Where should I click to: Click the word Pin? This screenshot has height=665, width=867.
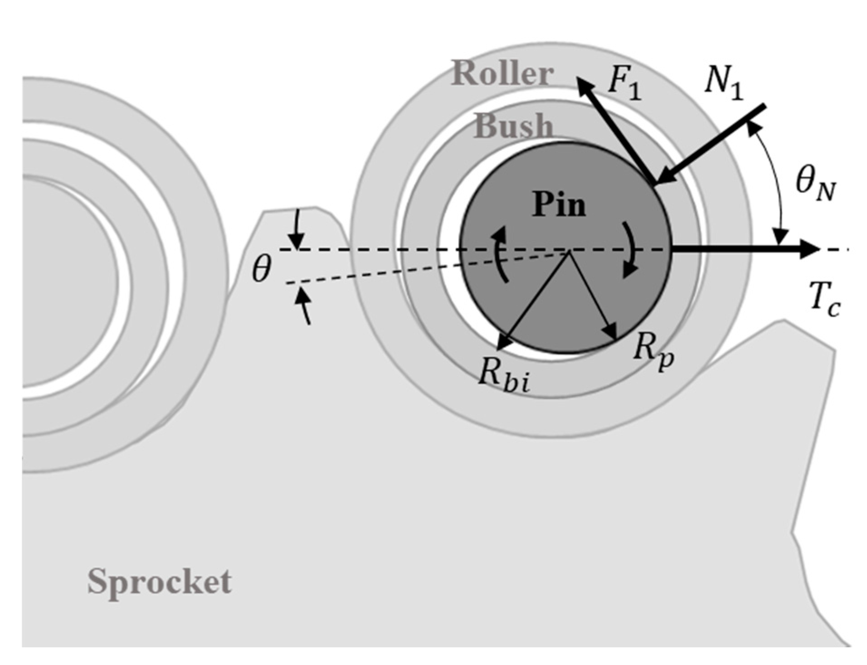coord(559,204)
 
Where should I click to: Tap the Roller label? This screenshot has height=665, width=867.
coord(503,74)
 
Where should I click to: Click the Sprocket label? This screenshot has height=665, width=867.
coord(159,582)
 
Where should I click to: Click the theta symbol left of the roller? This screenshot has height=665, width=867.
coord(262,269)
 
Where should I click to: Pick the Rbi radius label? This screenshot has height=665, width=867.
coord(503,376)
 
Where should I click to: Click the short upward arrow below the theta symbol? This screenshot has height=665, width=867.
coord(303,306)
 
